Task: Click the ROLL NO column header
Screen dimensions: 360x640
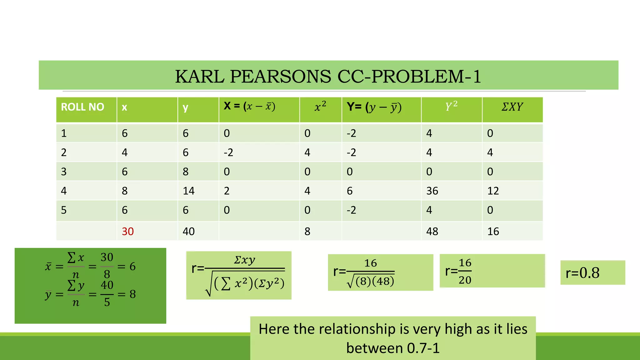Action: point(82,107)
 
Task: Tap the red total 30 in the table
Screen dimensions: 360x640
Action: point(127,232)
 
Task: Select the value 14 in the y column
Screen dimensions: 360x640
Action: point(188,191)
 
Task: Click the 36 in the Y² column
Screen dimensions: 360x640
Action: point(432,191)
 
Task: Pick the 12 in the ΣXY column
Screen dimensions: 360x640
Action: point(493,191)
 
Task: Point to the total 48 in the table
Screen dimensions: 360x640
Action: point(432,232)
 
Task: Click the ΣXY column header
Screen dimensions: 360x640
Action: point(512,107)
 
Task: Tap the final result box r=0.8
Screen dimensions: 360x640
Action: point(583,273)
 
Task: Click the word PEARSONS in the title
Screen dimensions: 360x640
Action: point(280,76)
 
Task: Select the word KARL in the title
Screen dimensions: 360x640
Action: point(200,76)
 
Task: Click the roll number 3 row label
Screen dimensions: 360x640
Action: point(64,172)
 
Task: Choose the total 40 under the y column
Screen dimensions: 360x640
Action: point(188,232)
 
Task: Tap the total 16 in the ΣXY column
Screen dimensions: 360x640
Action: point(493,232)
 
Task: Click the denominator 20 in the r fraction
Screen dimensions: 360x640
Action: point(465,280)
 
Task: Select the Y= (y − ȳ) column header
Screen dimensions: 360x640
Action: point(374,107)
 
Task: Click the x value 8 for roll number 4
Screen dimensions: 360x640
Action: point(125,191)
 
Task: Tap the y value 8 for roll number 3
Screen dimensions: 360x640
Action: point(186,172)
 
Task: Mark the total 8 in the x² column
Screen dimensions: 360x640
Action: point(307,232)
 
